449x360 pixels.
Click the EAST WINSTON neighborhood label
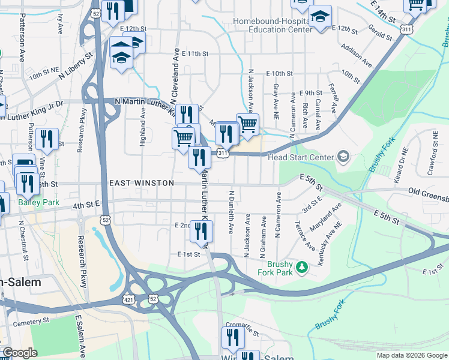[142, 183]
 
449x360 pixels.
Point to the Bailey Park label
[38, 202]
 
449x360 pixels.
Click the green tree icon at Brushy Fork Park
[303, 266]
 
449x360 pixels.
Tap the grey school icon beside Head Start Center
[343, 157]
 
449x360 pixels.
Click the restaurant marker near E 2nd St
[201, 230]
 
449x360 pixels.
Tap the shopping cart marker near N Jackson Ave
[247, 124]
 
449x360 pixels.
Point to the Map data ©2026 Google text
[411, 355]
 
